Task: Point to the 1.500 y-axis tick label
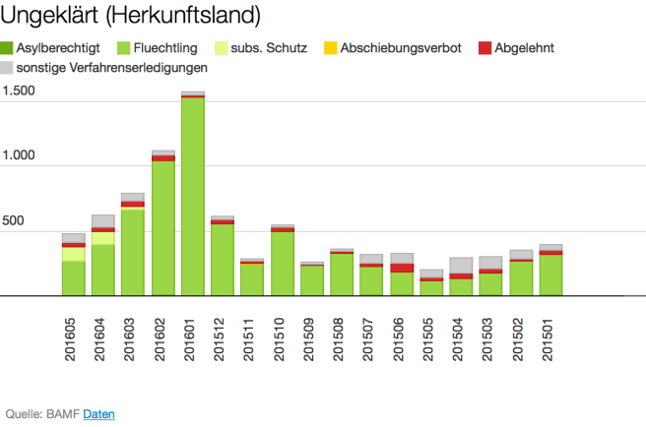click(19, 91)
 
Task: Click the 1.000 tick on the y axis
click(19, 156)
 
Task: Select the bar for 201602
click(163, 226)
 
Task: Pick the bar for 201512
click(223, 258)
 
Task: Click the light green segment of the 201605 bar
click(74, 254)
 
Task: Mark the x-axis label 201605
click(74, 337)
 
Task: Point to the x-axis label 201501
click(551, 337)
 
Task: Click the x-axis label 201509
click(313, 337)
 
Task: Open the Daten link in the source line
click(98, 414)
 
